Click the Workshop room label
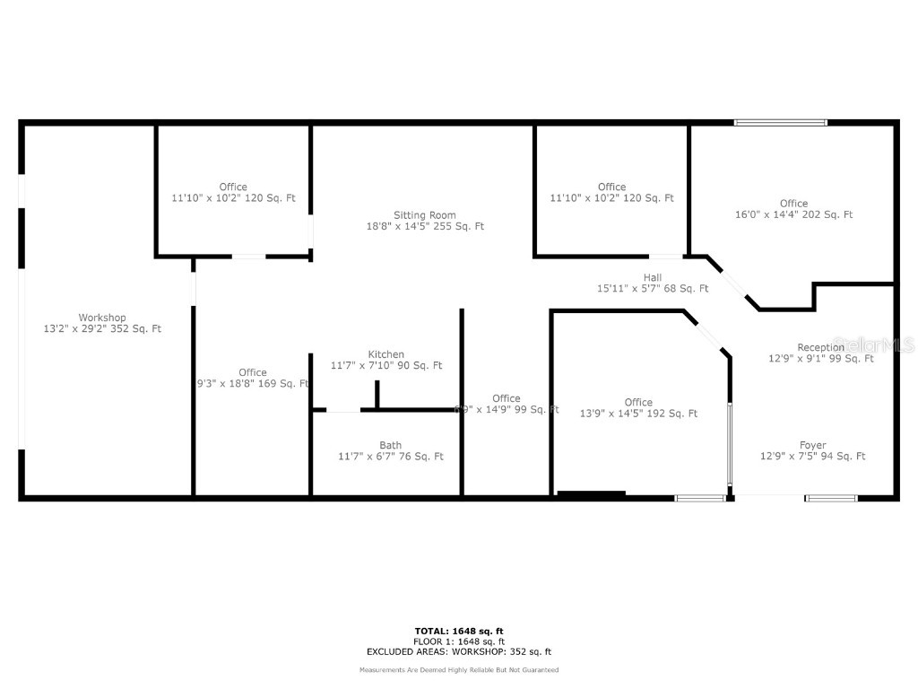(x=102, y=318)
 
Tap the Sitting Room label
(x=425, y=215)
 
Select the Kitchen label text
(x=385, y=354)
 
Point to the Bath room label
(x=390, y=445)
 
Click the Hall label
(x=653, y=278)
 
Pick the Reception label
(x=820, y=347)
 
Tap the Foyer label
(x=812, y=445)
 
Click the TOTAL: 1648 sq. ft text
(x=458, y=631)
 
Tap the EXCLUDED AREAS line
(x=458, y=652)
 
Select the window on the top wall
(x=780, y=123)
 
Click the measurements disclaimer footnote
(x=458, y=670)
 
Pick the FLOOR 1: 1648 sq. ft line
(x=458, y=641)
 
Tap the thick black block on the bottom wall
(x=591, y=493)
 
